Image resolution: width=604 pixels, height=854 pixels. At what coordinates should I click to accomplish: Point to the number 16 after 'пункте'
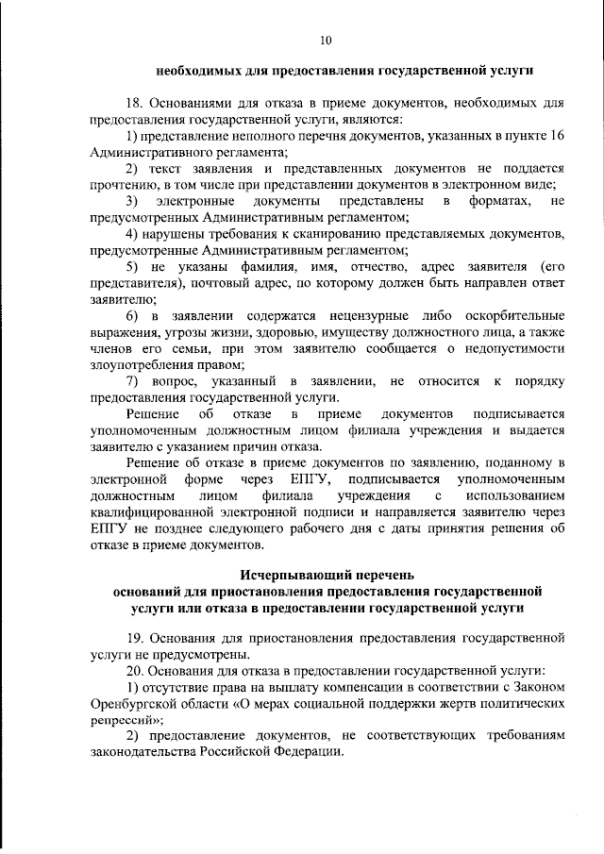click(x=557, y=137)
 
